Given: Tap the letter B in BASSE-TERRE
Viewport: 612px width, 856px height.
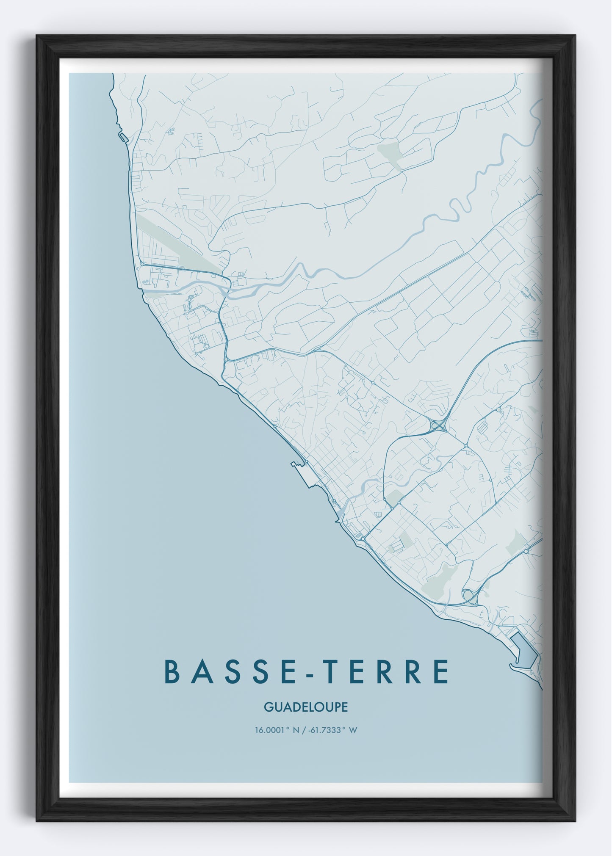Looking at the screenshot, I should tap(172, 671).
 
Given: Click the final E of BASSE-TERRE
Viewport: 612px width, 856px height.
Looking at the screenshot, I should tap(441, 671).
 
